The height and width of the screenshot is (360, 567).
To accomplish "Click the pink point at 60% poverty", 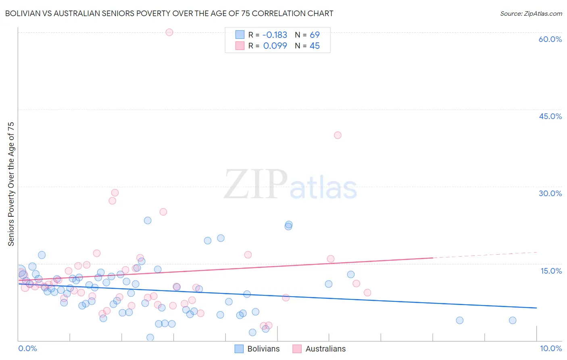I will pos(169,32).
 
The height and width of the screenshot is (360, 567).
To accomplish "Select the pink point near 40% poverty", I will pos(338,135).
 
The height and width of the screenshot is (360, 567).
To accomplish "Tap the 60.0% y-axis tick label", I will pos(550,39).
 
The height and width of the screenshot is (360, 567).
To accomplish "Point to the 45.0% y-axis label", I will pos(550,116).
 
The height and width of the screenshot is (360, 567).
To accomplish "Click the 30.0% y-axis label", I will pos(550,193).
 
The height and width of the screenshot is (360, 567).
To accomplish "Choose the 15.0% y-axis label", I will pos(551,271).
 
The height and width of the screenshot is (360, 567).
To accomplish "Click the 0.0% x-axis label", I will pos(27,348).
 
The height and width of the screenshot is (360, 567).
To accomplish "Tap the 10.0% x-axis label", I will pos(550,348).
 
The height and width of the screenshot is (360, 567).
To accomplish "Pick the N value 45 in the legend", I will pos(315,46).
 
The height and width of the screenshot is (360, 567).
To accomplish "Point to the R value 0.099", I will pos(275,46).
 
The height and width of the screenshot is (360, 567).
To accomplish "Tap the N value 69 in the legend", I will pos(315,35).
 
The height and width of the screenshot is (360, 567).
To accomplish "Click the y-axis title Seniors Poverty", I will pos(11,184).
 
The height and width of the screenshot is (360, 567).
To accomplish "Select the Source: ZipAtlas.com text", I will pos(531,14).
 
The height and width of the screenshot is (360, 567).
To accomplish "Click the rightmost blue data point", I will pos(513,320).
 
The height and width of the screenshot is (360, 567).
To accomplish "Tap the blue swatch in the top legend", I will pos(240,35).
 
